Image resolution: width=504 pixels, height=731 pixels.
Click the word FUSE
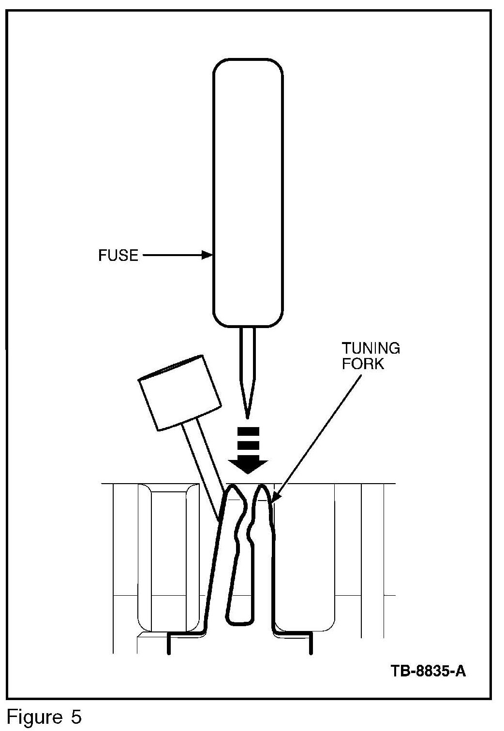[x=118, y=255]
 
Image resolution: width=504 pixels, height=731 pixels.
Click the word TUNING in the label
[x=371, y=348]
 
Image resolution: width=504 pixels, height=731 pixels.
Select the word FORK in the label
[x=363, y=364]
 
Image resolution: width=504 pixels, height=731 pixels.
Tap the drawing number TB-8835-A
[x=428, y=671]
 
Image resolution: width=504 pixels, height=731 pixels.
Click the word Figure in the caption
[x=34, y=717]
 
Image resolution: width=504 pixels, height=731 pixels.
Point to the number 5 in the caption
[x=76, y=717]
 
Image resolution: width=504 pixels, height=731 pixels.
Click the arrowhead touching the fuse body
[x=208, y=255]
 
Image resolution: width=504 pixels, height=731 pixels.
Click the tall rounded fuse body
[x=248, y=193]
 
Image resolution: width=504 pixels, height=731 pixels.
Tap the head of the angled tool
[x=179, y=392]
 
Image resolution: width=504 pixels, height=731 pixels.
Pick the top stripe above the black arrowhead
[x=249, y=430]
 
